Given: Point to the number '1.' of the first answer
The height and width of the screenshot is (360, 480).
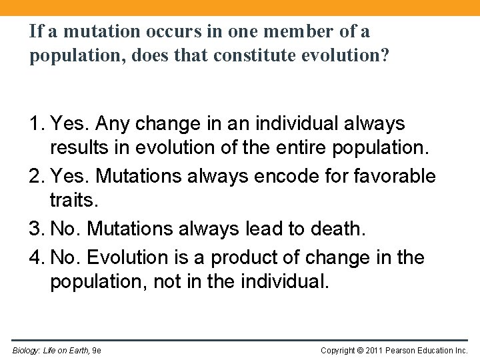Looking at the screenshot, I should tap(37, 124).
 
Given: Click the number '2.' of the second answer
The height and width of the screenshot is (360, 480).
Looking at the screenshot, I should tap(37, 177).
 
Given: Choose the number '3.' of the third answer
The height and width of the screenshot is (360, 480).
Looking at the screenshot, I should tap(37, 229).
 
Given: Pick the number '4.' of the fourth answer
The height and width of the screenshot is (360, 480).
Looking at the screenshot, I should tap(37, 257).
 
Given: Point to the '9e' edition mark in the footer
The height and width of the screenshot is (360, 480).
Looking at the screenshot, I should tap(97, 350).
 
